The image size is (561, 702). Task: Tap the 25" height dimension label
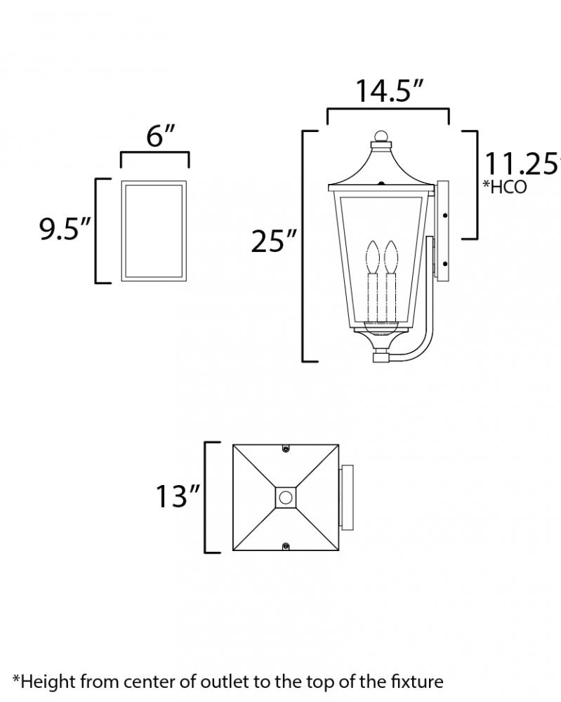(274, 241)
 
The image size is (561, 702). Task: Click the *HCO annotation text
(505, 187)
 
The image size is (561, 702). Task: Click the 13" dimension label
(178, 496)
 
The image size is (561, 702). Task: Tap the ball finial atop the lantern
(381, 136)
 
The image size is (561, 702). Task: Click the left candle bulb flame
(373, 257)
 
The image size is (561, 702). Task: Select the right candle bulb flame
(391, 257)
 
